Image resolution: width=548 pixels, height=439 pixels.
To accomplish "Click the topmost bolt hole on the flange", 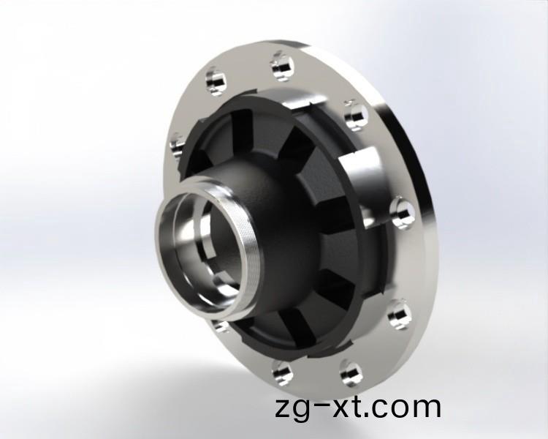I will tap(281, 65).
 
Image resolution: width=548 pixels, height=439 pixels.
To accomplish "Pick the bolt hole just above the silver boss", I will tap(356, 114).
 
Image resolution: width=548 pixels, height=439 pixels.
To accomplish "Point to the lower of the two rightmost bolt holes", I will tap(399, 314).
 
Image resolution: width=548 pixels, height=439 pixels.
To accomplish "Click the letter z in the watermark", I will tap(284, 408).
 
